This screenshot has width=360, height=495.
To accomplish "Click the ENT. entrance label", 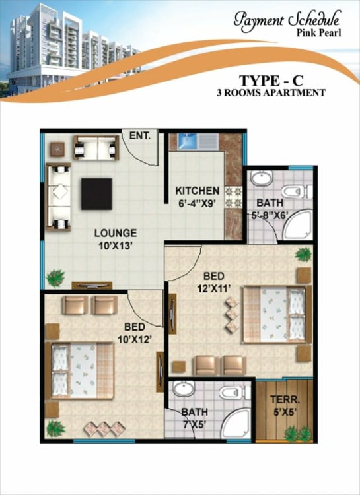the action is tap(139, 136).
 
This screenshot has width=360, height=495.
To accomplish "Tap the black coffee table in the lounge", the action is tap(96, 194).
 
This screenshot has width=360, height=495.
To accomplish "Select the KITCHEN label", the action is tap(198, 191).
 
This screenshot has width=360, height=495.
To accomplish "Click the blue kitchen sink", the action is tap(188, 141).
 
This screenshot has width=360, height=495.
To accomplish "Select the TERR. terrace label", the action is tap(285, 399).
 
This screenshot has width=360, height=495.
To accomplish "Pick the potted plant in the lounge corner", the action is tap(55, 278).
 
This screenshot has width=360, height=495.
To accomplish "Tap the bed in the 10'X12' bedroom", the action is tap(80, 370).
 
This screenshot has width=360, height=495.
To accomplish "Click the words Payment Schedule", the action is tap(287, 20).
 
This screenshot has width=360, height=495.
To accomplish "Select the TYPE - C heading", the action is tap(271, 81).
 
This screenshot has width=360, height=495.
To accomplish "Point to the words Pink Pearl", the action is tap(318, 32).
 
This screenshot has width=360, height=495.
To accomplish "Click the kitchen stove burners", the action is tap(233, 197).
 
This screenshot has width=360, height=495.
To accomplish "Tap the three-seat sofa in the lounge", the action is tap(59, 197).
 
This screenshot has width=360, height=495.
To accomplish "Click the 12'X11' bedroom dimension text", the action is tap(213, 288).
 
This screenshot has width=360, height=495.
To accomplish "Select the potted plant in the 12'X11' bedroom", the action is tap(303, 254).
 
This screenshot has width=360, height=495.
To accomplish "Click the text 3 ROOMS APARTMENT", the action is tap(271, 93).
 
